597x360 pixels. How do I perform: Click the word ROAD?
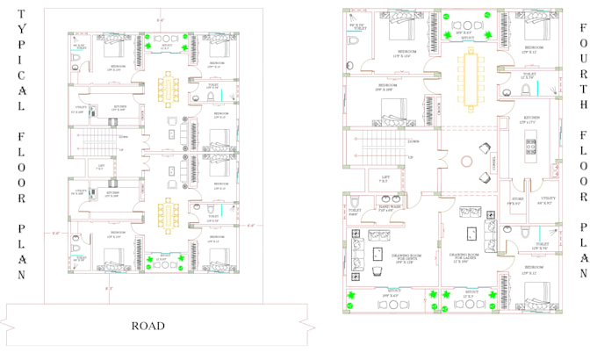pos(148,325)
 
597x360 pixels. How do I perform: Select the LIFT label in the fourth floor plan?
pos(385,178)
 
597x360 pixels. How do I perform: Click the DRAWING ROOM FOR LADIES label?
pos(466,258)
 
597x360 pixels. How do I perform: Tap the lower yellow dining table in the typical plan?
pos(169,213)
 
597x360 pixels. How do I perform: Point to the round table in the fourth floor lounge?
pos(467,162)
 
